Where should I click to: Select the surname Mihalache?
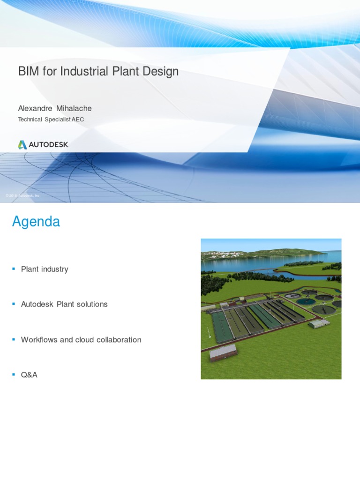coord(74,108)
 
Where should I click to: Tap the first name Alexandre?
coord(35,108)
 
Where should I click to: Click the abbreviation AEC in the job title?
coord(78,120)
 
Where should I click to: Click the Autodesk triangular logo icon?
coord(22,145)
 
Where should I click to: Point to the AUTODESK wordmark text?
coord(49,145)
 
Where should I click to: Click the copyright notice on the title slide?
coord(23,195)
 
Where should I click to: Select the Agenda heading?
coord(36,221)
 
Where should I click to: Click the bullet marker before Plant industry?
coord(14,269)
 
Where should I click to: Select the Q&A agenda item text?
coord(29,375)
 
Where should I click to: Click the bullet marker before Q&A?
coord(14,375)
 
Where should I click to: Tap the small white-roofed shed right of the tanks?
coord(318,323)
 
